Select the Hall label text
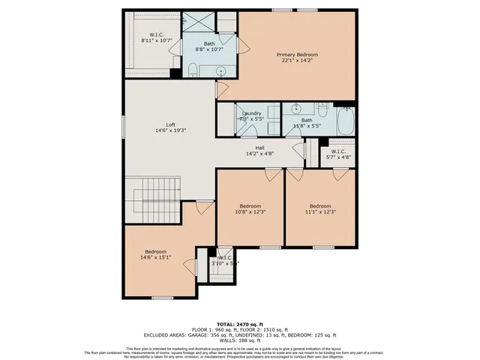pyautogui.click(x=259, y=151)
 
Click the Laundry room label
pyautogui.click(x=251, y=116)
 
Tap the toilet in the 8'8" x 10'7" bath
pyautogui.click(x=193, y=71)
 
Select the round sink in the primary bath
pyautogui.click(x=221, y=71)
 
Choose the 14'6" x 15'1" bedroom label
pyautogui.click(x=155, y=254)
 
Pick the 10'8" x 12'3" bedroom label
pyautogui.click(x=250, y=209)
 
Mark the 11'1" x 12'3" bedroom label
pyautogui.click(x=320, y=209)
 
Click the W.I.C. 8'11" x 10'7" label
pyautogui.click(x=156, y=37)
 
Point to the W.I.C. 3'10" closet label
pyautogui.click(x=225, y=260)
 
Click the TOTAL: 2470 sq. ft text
pyautogui.click(x=239, y=322)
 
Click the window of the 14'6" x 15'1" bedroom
pyautogui.click(x=162, y=297)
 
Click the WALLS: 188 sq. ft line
pyautogui.click(x=239, y=340)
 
